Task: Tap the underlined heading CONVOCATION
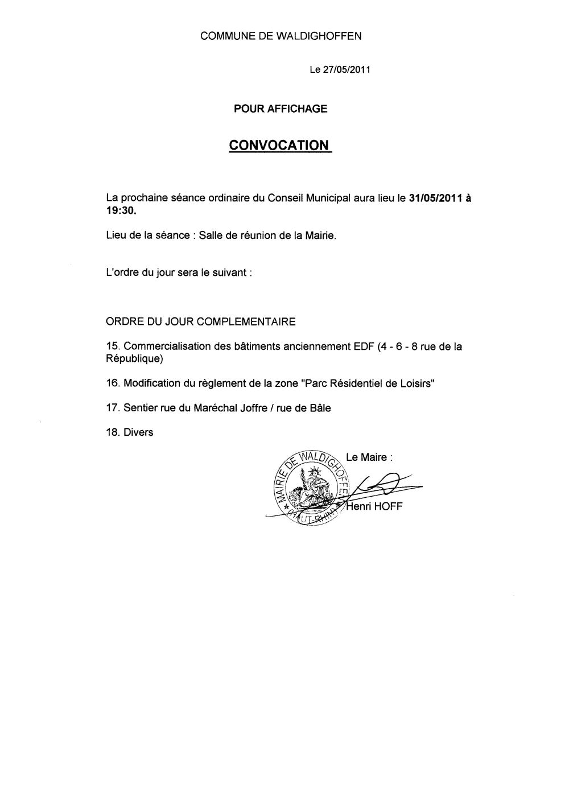point(279,146)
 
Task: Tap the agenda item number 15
point(113,346)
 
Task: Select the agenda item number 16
point(113,383)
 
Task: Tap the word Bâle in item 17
point(319,408)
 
